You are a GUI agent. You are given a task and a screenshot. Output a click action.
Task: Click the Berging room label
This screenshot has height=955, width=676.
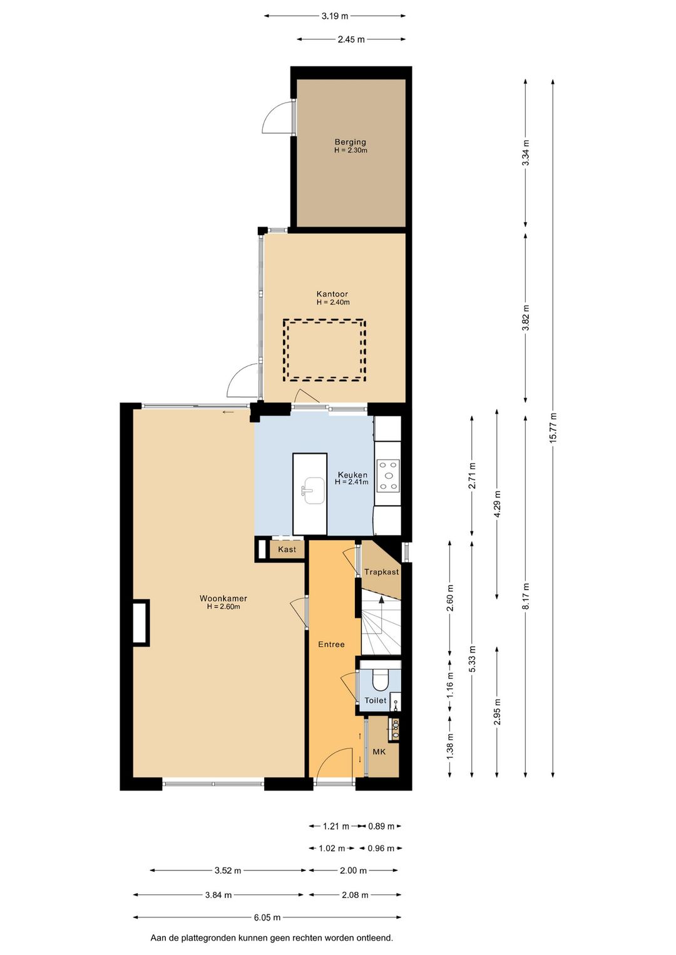click(350, 142)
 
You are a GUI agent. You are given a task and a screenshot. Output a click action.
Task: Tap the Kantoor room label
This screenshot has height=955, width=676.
click(332, 294)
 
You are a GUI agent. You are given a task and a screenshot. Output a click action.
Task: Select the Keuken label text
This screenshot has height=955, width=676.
click(353, 475)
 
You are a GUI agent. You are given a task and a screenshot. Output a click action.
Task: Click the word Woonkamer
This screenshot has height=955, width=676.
click(223, 598)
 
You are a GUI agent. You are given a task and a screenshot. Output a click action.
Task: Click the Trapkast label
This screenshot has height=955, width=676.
click(382, 572)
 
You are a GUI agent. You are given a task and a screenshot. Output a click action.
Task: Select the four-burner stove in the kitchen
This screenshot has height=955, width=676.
click(387, 476)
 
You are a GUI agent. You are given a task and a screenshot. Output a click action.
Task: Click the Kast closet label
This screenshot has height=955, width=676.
click(287, 549)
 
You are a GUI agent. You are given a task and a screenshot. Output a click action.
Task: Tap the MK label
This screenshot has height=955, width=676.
click(379, 752)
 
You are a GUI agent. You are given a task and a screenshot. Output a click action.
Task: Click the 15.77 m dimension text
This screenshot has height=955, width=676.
click(553, 427)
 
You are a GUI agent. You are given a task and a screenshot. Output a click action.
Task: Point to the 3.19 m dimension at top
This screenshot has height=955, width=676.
click(335, 16)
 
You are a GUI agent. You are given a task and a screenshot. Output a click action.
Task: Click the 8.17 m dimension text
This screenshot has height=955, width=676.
click(525, 596)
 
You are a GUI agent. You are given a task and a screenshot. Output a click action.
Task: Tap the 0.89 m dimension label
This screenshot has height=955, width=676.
click(381, 826)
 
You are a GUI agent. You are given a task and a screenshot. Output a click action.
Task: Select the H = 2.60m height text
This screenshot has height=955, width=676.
click(223, 606)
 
